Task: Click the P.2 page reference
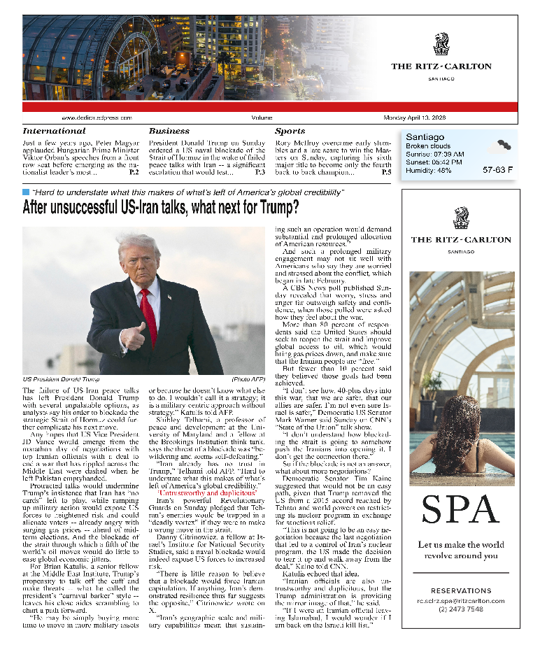click(134, 171)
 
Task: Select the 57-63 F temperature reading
click(497, 170)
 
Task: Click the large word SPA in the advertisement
click(460, 513)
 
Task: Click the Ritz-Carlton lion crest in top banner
click(441, 44)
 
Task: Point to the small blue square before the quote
click(26, 191)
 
